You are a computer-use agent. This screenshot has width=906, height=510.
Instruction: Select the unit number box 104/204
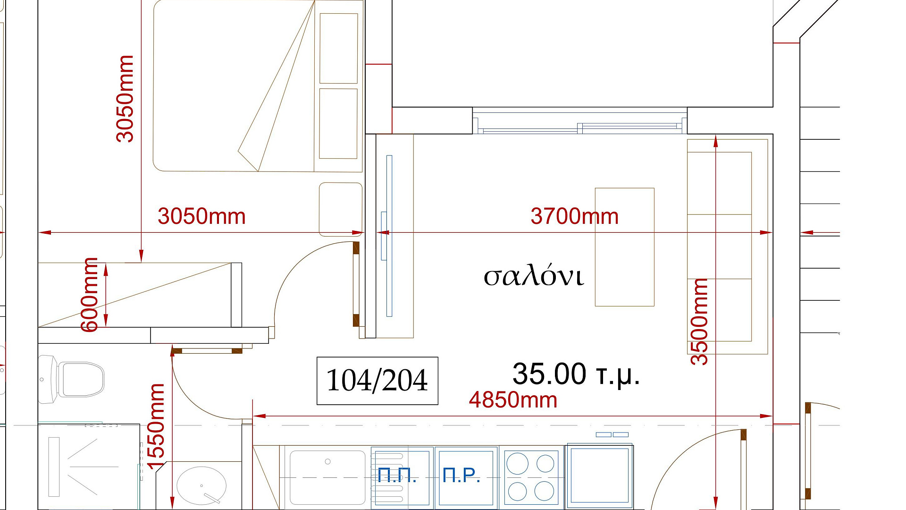tap(377, 381)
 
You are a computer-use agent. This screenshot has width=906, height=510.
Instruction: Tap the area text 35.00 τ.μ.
tap(576, 374)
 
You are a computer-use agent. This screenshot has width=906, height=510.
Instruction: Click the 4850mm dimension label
tap(513, 400)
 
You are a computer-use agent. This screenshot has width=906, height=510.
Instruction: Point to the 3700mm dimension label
tap(574, 216)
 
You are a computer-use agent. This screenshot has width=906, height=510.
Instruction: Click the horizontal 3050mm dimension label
tap(201, 216)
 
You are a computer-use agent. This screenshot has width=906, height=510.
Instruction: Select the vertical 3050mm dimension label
tap(125, 99)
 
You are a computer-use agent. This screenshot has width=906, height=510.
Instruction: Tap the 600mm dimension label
tap(89, 295)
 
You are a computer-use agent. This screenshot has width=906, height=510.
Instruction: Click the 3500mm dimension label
tap(699, 322)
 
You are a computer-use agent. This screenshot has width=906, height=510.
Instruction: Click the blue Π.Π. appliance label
tap(397, 476)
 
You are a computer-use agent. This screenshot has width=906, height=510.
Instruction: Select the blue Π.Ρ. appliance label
tap(461, 476)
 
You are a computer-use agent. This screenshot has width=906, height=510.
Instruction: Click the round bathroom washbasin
tap(201, 485)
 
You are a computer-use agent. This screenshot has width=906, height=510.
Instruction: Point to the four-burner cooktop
tap(531, 476)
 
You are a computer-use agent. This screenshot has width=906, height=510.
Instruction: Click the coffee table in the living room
tap(624, 247)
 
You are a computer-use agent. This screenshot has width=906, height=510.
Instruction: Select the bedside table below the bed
tap(341, 209)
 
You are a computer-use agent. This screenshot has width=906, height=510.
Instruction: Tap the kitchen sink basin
tap(327, 477)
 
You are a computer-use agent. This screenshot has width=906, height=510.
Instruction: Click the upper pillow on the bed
tap(338, 48)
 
